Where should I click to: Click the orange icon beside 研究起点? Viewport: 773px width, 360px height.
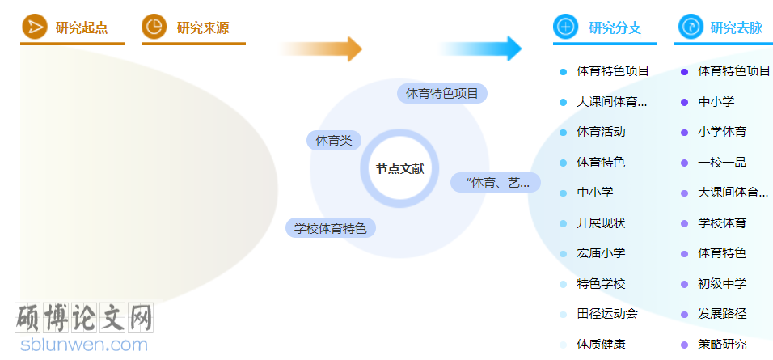(x=34, y=28)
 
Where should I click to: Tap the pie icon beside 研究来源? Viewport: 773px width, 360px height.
(x=154, y=28)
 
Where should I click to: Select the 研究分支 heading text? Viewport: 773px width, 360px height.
(x=615, y=28)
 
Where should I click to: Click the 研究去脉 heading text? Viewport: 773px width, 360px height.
(x=736, y=28)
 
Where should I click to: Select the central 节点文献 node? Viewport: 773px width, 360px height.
(x=399, y=169)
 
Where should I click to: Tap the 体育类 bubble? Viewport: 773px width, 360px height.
(x=334, y=141)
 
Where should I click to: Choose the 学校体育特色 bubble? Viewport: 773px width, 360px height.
(x=330, y=228)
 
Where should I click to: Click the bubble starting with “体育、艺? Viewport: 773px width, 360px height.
(x=494, y=183)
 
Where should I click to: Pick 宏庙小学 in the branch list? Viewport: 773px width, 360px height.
(x=601, y=253)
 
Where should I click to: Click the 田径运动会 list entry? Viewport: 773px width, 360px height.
(x=606, y=314)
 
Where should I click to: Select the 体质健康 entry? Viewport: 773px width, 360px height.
(x=601, y=344)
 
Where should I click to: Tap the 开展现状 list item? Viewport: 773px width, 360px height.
(x=601, y=222)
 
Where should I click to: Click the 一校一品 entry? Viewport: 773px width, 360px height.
(x=722, y=162)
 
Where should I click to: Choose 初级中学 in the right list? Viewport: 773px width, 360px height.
(x=722, y=283)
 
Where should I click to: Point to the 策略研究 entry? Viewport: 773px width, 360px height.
(x=722, y=344)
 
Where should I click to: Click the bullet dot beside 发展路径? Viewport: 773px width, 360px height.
(x=685, y=314)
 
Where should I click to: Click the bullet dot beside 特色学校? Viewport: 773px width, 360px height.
(x=563, y=284)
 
